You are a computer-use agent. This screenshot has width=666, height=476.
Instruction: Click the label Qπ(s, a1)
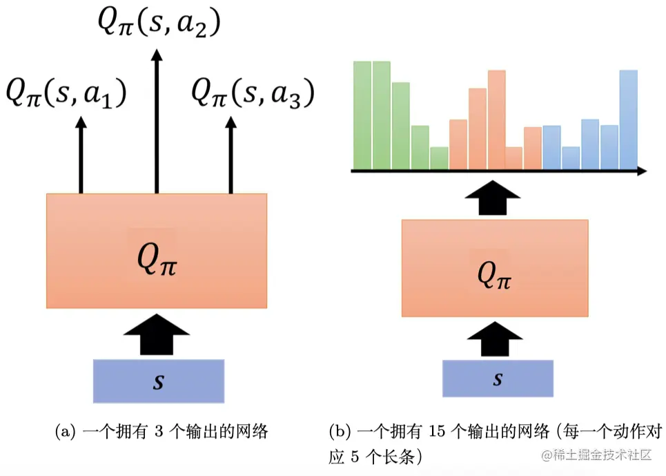coord(66,93)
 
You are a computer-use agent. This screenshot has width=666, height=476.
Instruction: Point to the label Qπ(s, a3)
coord(253,93)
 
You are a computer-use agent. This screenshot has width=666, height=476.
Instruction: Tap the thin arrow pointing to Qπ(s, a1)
coord(81,155)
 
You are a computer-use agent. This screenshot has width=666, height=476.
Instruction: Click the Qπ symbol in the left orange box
coord(157,261)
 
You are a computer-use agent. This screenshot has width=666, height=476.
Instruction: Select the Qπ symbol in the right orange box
coord(496,274)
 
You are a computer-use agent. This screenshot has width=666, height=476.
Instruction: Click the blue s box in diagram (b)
coord(498,379)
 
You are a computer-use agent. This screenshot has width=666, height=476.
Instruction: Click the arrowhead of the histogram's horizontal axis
coord(641,169)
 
